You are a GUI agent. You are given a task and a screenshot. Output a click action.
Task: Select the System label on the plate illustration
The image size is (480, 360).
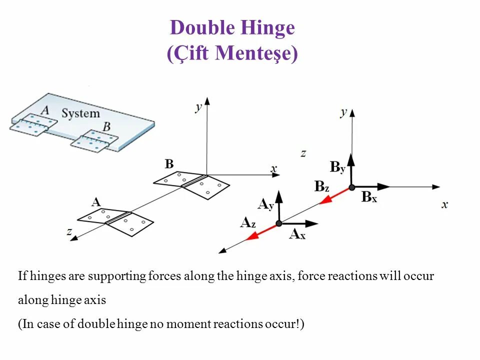pos(80,113)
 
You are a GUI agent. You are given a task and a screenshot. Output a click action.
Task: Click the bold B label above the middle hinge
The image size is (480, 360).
pos(169,164)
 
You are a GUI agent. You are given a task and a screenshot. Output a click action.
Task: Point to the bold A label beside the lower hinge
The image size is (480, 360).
pos(96,202)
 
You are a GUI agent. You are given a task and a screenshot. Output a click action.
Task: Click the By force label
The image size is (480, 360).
pos(337,167)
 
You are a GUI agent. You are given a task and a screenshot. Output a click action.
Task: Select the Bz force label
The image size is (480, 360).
pos(322,187)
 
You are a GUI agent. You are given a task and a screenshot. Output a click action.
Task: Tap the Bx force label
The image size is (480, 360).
pos(369,197)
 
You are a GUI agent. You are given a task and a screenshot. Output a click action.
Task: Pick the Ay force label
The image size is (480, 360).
pos(265,204)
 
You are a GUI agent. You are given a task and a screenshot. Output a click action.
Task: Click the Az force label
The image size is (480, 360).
pos(248,223)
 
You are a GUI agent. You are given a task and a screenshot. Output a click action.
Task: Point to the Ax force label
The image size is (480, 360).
pos(297,234)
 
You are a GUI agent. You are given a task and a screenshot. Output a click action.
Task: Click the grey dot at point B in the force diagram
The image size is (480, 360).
pos(351,187)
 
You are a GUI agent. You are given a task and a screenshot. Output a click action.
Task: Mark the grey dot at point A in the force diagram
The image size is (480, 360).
pos(278,223)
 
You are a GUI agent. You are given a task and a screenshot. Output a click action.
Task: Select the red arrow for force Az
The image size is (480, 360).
pos(261,232)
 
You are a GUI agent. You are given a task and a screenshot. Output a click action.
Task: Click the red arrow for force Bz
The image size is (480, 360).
pos(334,195)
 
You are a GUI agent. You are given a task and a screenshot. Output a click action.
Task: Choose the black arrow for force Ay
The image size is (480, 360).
pos(278,205)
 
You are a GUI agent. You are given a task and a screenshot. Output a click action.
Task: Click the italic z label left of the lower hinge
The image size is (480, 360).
pos(69,231)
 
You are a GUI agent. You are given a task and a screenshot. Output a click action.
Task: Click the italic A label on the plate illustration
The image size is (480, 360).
pos(45,110)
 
